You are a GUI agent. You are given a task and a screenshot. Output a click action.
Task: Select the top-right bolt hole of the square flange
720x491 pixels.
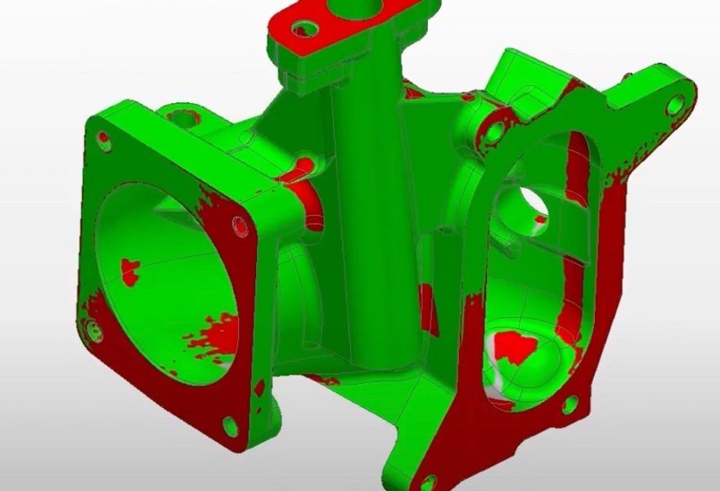click(240, 225)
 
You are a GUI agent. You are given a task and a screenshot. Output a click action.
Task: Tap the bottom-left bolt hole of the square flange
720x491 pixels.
click(94, 331)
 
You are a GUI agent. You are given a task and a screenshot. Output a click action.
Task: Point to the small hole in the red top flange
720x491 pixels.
click(306, 30)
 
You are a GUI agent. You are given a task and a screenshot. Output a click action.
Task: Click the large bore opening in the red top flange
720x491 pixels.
click(360, 10)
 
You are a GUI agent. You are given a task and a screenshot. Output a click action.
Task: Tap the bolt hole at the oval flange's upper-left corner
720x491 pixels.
click(493, 131)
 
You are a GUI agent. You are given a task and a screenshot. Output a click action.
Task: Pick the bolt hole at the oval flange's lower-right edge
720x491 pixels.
click(570, 403)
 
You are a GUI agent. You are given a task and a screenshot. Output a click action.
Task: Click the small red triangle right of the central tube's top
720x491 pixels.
click(413, 92)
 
